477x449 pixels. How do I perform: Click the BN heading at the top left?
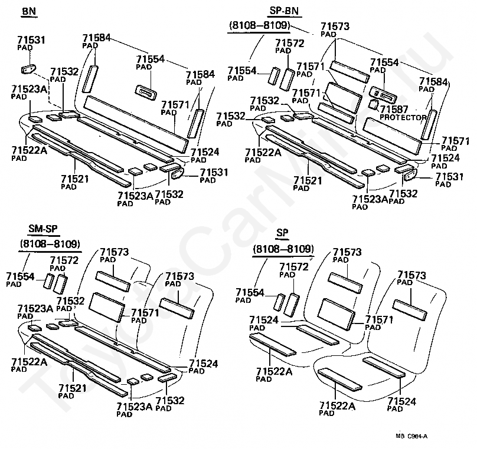pos(28,12)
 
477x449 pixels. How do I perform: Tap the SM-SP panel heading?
pos(43,229)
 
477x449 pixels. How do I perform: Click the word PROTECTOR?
pos(403,117)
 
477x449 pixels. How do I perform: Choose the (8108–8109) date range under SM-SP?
pos(50,243)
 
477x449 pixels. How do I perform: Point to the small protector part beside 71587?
pos(373,104)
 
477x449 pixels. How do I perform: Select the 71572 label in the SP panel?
pos(293,268)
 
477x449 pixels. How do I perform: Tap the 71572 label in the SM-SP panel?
pos(64,260)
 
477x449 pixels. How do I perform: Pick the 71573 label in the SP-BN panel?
pos(335,27)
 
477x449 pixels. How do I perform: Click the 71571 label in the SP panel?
pos(380,320)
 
